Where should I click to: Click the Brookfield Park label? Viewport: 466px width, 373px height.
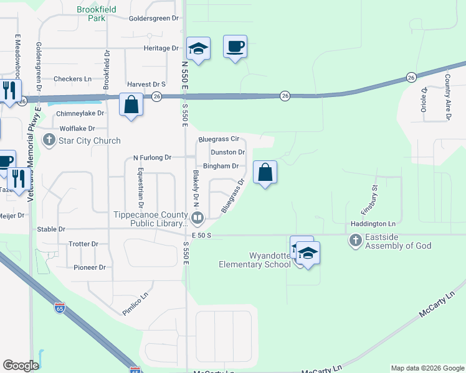(92, 14)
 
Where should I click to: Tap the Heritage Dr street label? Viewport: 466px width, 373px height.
(161, 48)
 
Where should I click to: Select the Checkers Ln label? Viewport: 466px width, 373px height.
(72, 79)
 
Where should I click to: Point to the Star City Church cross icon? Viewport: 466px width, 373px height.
(49, 140)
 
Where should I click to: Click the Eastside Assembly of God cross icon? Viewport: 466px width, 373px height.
(355, 240)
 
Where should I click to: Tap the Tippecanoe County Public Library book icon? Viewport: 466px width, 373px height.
(197, 218)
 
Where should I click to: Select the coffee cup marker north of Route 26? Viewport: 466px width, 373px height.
(235, 47)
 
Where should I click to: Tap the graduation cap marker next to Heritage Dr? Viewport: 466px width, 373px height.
(198, 49)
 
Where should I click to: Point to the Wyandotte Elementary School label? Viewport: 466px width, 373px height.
(254, 260)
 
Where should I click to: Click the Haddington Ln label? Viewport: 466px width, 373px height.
(373, 224)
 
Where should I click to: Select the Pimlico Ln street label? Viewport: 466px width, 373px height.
(136, 305)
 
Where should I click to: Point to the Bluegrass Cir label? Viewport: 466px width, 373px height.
(219, 139)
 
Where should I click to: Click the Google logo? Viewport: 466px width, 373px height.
(21, 366)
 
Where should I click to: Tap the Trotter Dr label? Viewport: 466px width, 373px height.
(84, 244)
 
